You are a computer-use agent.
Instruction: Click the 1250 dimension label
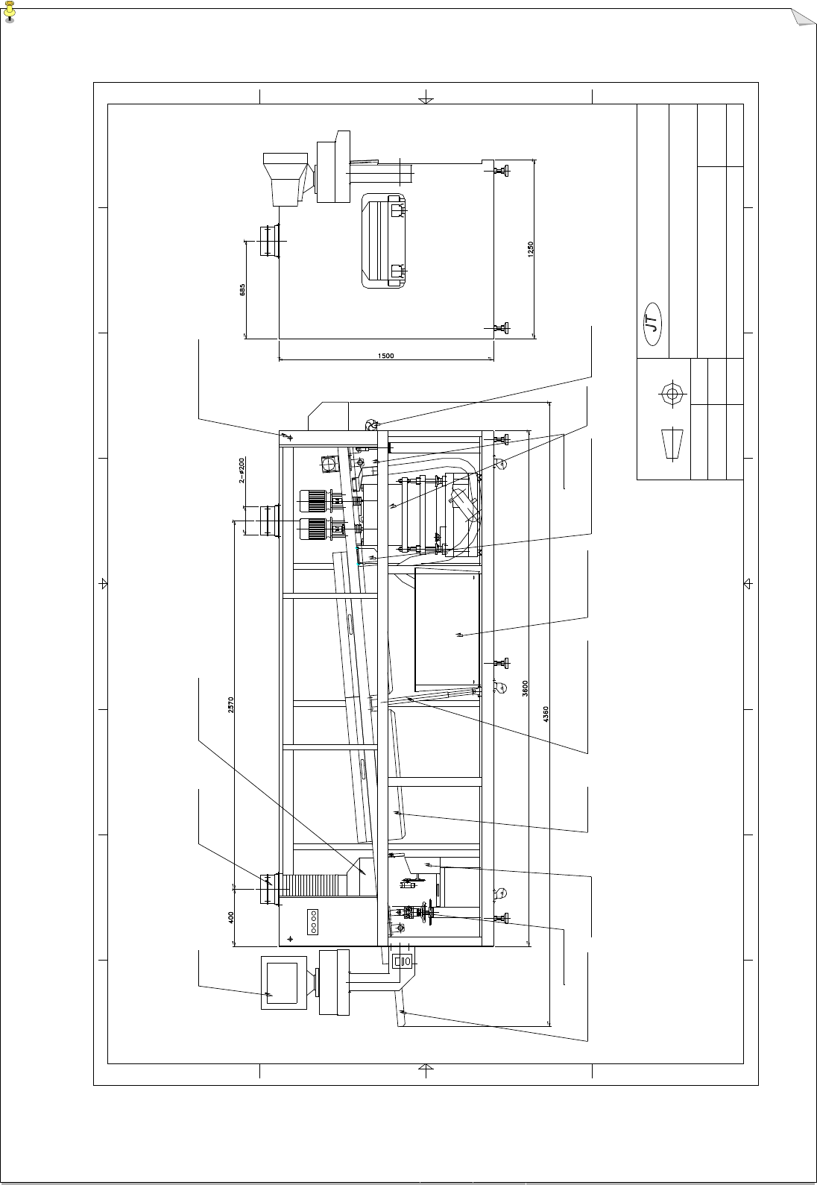[x=530, y=249]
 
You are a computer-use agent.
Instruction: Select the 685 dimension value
[x=242, y=289]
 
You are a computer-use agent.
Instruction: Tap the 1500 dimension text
[x=385, y=356]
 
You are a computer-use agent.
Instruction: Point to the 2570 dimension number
[x=231, y=705]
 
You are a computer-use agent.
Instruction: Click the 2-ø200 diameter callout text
[x=242, y=471]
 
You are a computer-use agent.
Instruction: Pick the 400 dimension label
[x=231, y=917]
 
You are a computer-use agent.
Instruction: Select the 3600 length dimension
[x=526, y=688]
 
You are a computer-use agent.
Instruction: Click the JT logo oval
[x=654, y=324]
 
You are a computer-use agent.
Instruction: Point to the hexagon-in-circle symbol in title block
[x=672, y=393]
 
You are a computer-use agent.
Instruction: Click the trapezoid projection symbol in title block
[x=672, y=444]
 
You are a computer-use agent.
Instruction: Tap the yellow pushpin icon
[x=9, y=11]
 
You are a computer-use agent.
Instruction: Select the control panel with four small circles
[x=314, y=921]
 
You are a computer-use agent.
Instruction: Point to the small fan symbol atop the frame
[x=370, y=424]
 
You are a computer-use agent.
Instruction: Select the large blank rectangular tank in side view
[x=447, y=629]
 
